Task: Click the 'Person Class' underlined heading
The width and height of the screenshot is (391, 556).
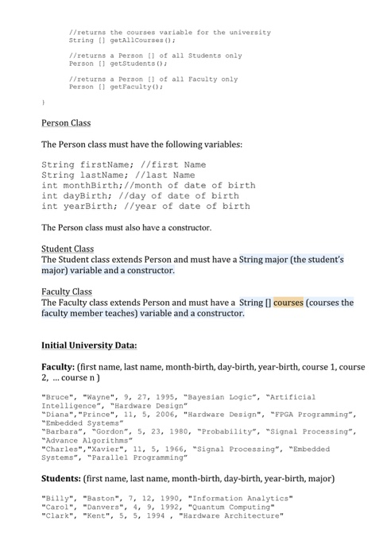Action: [x=66, y=123]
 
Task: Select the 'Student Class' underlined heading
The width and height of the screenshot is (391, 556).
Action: [x=67, y=249]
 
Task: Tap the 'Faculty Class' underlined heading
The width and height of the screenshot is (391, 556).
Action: [x=66, y=292]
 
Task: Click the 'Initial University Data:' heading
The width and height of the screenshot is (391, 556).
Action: [x=88, y=346]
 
